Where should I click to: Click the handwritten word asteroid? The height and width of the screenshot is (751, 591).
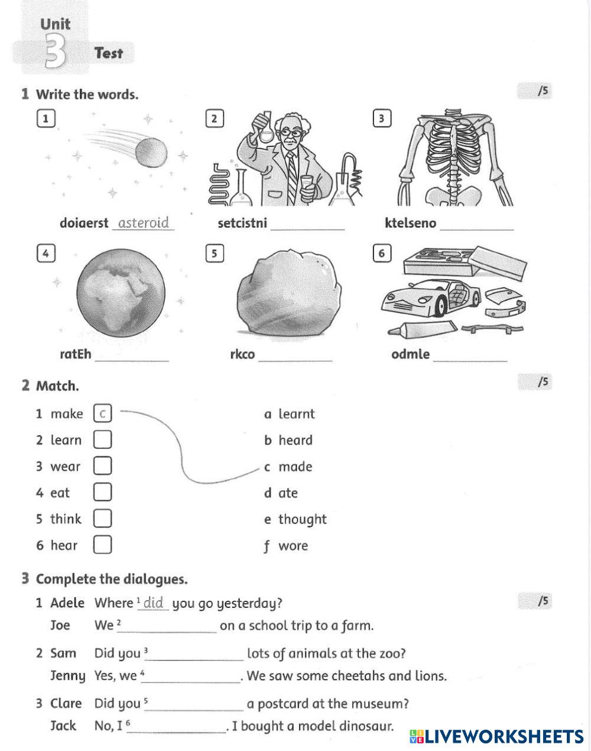(144, 223)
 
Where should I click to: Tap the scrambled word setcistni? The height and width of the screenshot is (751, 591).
(242, 224)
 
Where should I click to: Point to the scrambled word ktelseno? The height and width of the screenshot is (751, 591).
(410, 224)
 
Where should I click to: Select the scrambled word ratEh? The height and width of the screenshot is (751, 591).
(76, 354)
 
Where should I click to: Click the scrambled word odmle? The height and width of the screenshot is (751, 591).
(410, 354)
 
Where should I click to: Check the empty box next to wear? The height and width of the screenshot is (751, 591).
(102, 466)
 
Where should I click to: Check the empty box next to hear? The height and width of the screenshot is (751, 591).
(102, 545)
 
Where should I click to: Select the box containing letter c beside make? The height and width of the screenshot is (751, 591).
(102, 413)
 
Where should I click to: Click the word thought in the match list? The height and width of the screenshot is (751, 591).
(302, 519)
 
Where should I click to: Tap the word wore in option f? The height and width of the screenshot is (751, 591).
(293, 546)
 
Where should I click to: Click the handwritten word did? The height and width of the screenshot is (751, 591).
(154, 603)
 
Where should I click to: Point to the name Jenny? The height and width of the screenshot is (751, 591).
(67, 676)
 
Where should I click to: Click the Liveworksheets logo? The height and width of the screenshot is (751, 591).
(496, 736)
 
